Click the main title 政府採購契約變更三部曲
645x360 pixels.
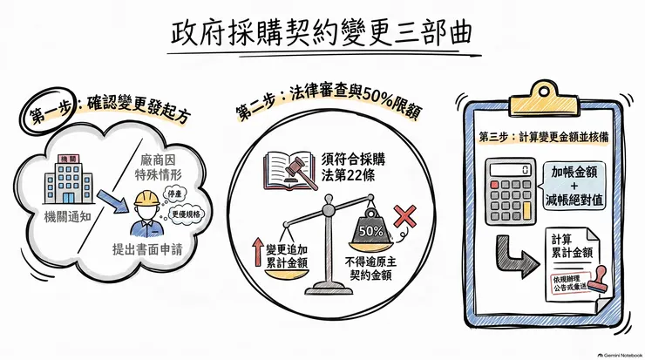pyautogui.click(x=322, y=33)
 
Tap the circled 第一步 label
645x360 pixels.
pyautogui.click(x=48, y=110)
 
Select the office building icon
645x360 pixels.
pyautogui.click(x=68, y=180)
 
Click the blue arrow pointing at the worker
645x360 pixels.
pyautogui.click(x=112, y=201)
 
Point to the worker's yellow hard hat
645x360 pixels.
pyautogui.click(x=146, y=199)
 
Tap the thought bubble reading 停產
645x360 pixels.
pyautogui.click(x=175, y=194)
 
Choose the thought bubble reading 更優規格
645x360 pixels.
pyautogui.click(x=187, y=214)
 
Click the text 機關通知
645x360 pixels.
pyautogui.click(x=67, y=217)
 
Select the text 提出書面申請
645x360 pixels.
pyautogui.click(x=146, y=249)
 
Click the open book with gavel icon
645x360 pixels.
pyautogui.click(x=290, y=171)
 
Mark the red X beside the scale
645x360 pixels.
pyautogui.click(x=404, y=216)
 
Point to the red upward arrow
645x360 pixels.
pyautogui.click(x=258, y=252)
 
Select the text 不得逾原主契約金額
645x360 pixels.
pyautogui.click(x=370, y=268)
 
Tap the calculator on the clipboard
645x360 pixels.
pyautogui.click(x=510, y=191)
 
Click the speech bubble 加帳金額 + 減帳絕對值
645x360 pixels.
pyautogui.click(x=574, y=186)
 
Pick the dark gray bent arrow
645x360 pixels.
pyautogui.click(x=516, y=257)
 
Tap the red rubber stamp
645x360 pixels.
pyautogui.click(x=597, y=280)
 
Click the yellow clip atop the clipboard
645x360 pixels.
pyautogui.click(x=543, y=98)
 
